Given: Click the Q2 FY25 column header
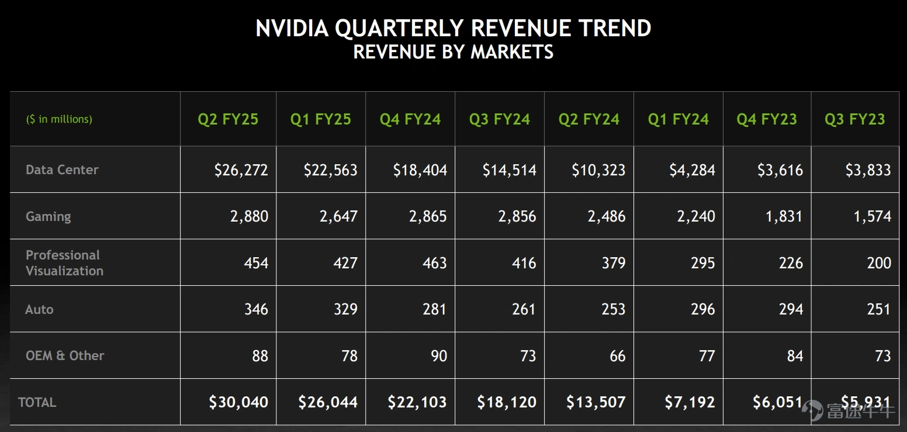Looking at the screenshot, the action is [x=228, y=119].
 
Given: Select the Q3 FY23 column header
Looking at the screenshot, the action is [x=855, y=119].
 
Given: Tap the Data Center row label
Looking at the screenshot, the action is [x=62, y=170].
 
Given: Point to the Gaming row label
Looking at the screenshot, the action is [x=48, y=217].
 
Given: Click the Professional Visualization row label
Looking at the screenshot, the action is [x=64, y=262].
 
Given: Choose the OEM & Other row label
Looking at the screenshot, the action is [x=65, y=355].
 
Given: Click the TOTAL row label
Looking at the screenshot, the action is [x=37, y=402].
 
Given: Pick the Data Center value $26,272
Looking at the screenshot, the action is [x=241, y=170].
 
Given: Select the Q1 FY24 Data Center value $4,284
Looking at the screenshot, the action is [x=692, y=170].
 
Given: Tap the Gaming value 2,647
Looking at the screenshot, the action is [x=338, y=217].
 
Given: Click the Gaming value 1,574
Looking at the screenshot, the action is [x=872, y=217].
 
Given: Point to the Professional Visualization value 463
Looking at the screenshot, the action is [x=434, y=263].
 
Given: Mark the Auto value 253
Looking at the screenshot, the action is [x=613, y=309].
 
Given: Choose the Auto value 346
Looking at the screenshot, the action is [x=256, y=309].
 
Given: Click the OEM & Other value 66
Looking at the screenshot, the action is [x=618, y=356].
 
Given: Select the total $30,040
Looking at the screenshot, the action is [x=238, y=402].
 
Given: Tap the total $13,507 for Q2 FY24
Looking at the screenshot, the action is [x=596, y=402].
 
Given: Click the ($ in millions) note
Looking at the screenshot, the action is [x=59, y=119].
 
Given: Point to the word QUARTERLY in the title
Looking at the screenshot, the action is [x=399, y=29].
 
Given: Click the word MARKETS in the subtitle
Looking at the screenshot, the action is [x=512, y=52].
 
